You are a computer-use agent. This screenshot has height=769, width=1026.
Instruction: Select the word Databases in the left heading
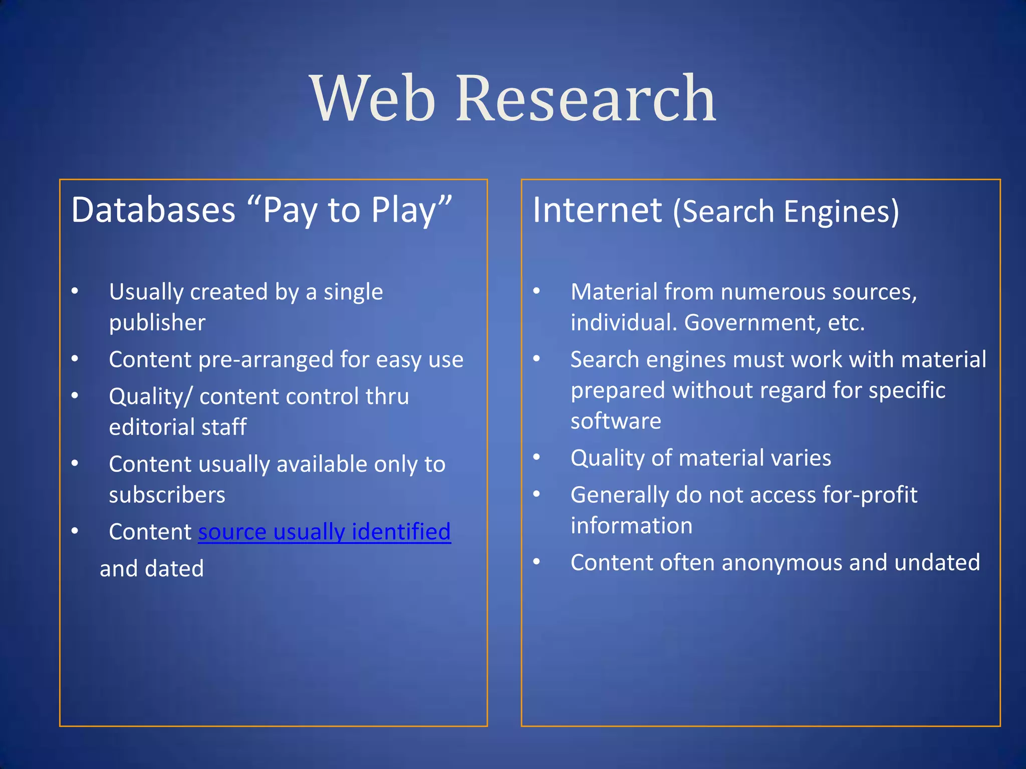[153, 210]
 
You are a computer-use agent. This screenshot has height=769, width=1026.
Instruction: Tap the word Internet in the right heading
[597, 210]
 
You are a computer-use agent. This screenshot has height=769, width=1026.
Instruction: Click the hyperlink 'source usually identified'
[324, 532]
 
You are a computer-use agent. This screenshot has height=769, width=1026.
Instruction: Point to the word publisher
[157, 323]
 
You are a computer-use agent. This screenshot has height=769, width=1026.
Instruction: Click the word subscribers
[167, 495]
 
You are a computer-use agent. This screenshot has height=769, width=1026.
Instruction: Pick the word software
[616, 421]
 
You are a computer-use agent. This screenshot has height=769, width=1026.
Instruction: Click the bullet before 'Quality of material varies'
[537, 457]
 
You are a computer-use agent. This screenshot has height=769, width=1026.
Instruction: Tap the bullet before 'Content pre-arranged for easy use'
[75, 359]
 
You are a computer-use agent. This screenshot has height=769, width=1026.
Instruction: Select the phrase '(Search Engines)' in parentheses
[786, 211]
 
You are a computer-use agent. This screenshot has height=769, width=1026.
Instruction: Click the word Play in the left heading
[403, 211]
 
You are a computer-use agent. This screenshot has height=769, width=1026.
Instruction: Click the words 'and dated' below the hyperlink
[152, 569]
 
